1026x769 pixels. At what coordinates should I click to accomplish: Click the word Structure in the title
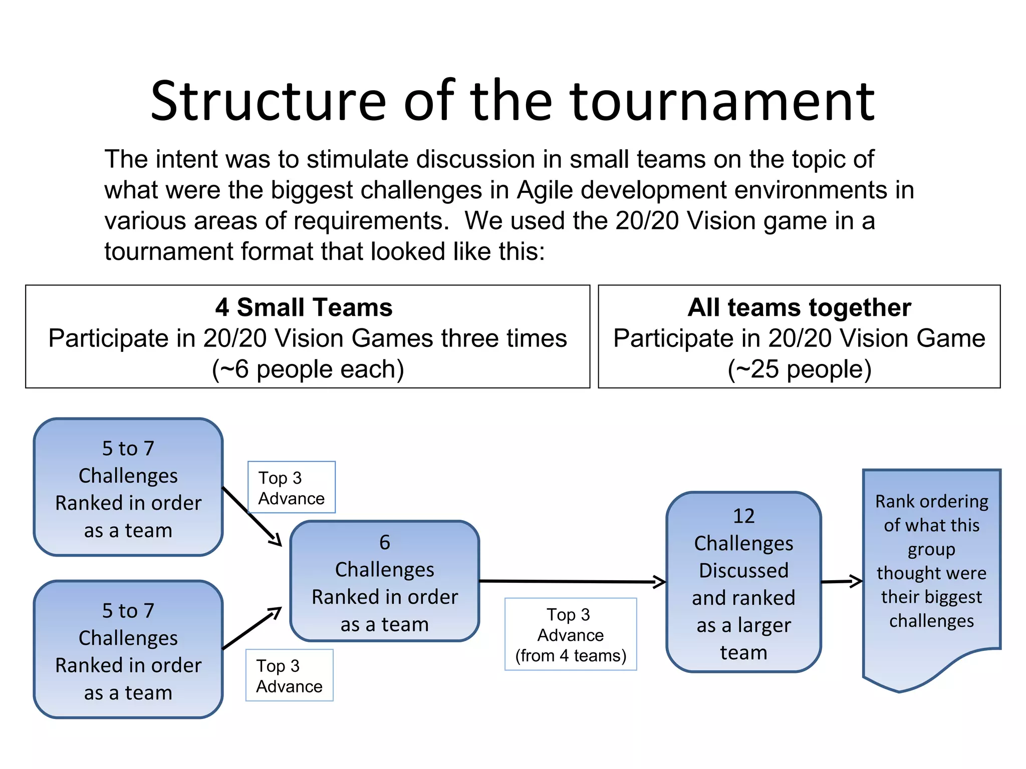tap(268, 102)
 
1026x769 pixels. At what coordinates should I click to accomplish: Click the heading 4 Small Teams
tap(304, 307)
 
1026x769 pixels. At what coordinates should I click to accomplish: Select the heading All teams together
tap(799, 307)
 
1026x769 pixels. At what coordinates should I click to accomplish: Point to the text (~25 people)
tap(799, 369)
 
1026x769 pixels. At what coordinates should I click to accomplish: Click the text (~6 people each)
tap(308, 369)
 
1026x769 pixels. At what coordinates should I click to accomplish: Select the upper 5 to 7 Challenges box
tap(128, 487)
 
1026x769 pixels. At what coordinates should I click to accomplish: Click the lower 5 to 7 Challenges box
tap(128, 649)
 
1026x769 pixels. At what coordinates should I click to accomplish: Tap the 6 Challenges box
tap(384, 581)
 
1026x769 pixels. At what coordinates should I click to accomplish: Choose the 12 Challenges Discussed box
tap(743, 582)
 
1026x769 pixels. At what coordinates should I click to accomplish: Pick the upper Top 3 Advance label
tap(291, 488)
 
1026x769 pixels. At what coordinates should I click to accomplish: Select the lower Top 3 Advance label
tap(289, 675)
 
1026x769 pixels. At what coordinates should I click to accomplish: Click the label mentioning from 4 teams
tap(570, 634)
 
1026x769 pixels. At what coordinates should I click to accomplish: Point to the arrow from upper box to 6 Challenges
tap(252, 516)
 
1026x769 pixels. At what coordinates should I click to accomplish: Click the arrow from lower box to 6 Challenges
tap(252, 628)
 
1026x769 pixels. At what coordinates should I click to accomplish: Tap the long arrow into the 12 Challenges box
tap(571, 581)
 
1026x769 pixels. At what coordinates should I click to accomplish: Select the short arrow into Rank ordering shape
tap(842, 581)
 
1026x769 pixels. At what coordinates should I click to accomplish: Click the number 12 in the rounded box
tap(743, 516)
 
